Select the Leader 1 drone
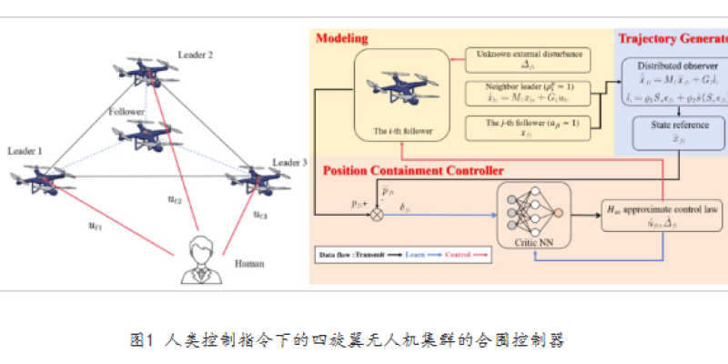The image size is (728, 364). coord(44,178)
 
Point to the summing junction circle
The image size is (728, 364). coord(374,216)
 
